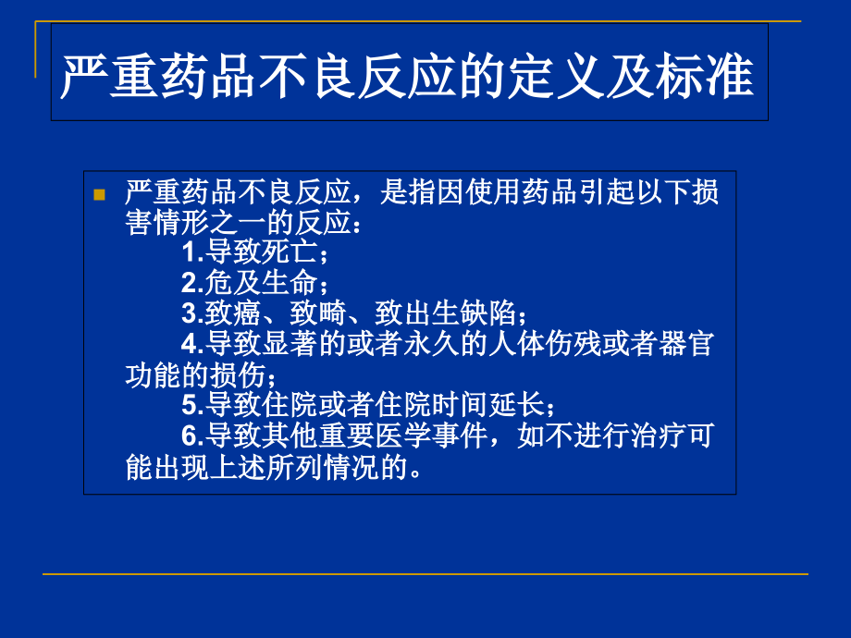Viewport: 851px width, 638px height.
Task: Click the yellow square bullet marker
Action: (100, 195)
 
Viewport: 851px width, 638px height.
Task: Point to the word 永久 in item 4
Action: (455, 343)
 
